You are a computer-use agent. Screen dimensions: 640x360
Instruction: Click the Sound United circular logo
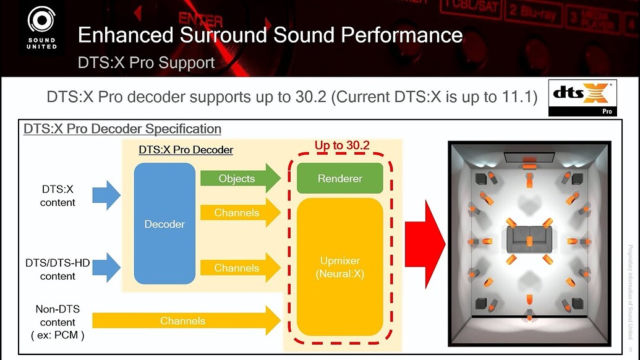pyautogui.click(x=41, y=20)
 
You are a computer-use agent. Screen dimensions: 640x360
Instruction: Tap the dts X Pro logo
pyautogui.click(x=582, y=98)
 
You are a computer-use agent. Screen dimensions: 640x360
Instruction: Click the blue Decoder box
pyautogui.click(x=164, y=224)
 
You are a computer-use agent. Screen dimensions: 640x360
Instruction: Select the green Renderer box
pyautogui.click(x=340, y=178)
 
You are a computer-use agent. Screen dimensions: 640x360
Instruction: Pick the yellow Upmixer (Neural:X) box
pyautogui.click(x=340, y=267)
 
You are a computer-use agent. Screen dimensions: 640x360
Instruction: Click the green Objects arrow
pyautogui.click(x=241, y=178)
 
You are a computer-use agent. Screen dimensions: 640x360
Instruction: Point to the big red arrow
pyautogui.click(x=425, y=244)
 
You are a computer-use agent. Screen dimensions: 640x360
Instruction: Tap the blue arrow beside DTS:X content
pyautogui.click(x=106, y=195)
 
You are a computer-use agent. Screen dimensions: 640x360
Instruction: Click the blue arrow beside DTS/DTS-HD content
pyautogui.click(x=106, y=267)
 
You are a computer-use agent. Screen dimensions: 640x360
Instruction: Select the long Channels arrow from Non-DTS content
pyautogui.click(x=187, y=321)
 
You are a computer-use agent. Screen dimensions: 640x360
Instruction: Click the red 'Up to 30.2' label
pyautogui.click(x=342, y=145)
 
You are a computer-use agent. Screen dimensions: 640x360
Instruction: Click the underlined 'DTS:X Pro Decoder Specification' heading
pyautogui.click(x=122, y=129)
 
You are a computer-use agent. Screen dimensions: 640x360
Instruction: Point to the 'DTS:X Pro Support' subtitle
pyautogui.click(x=146, y=63)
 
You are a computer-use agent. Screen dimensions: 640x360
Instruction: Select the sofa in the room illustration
pyautogui.click(x=529, y=239)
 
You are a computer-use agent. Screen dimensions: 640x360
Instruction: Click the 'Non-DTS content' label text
pyautogui.click(x=58, y=315)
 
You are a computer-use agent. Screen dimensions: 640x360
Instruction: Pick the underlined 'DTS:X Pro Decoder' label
pyautogui.click(x=186, y=150)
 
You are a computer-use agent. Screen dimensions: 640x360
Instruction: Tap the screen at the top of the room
pyautogui.click(x=529, y=158)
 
